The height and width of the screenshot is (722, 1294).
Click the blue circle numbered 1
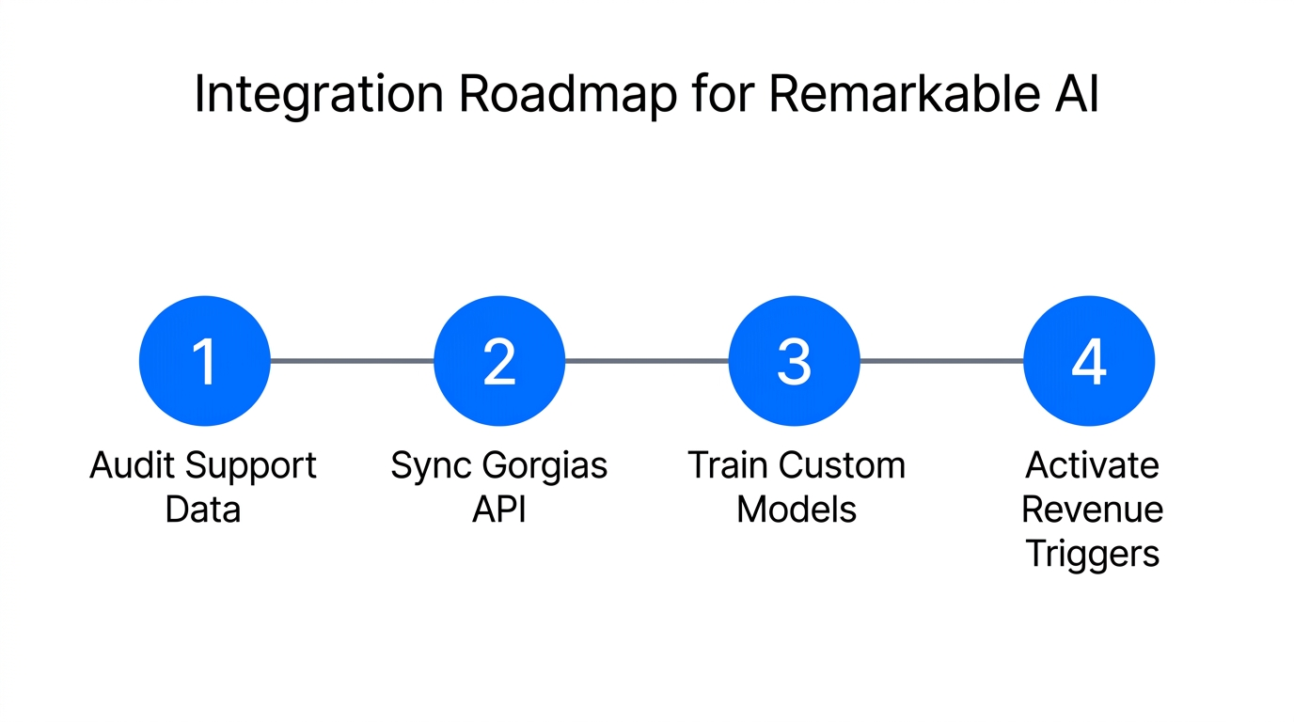(204, 361)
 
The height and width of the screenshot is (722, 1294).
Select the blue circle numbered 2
(499, 361)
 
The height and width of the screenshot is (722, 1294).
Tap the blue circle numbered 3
(795, 361)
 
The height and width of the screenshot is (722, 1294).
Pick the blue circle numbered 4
(1089, 361)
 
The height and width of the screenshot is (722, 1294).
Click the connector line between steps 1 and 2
(352, 360)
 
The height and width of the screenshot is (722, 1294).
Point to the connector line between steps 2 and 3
(647, 360)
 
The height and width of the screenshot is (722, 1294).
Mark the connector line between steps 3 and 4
(941, 360)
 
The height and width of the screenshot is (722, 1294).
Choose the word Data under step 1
(203, 510)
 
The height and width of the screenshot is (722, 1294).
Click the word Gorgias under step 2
(544, 465)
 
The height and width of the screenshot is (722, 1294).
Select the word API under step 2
(499, 510)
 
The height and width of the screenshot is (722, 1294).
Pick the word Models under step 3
(797, 510)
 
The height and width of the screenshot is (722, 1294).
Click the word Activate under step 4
(1092, 465)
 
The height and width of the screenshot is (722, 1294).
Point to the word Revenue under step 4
(1092, 510)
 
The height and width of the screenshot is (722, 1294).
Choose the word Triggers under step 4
(1092, 554)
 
